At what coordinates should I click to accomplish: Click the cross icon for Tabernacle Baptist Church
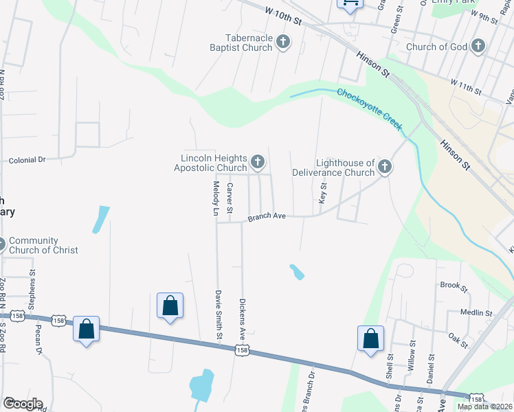pos(282,43)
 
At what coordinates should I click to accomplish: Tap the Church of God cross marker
pos(478,47)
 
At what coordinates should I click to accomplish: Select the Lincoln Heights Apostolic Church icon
pos(257,163)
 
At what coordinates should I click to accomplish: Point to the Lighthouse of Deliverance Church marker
pos(385,167)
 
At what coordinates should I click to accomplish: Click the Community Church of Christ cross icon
pos(1,244)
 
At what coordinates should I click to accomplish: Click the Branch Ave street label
pos(267,216)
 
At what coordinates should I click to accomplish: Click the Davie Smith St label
pos(219,314)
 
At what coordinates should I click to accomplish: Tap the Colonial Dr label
pos(27,159)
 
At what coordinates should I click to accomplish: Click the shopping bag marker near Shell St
pos(370,339)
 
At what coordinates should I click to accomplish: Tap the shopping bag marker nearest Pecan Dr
pos(87,330)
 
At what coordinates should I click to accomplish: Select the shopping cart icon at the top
pos(350,3)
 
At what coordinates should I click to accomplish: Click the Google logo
pos(22,404)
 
